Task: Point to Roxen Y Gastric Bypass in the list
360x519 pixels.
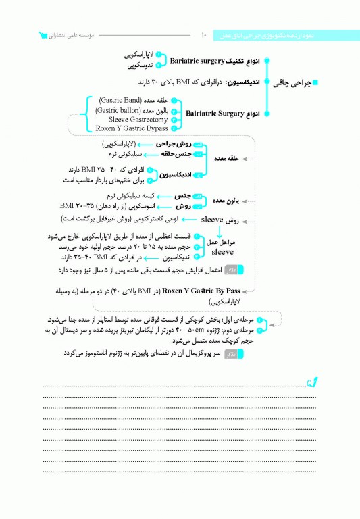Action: [x=132, y=128]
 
